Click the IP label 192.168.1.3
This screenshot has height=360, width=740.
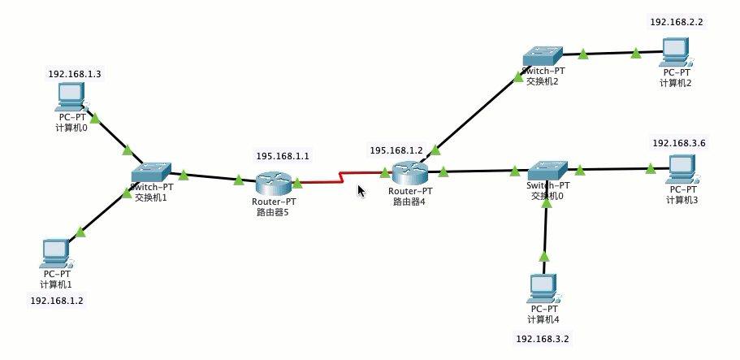click(x=75, y=74)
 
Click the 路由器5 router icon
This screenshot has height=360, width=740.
click(x=275, y=183)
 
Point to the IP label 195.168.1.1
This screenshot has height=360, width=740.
click(x=283, y=156)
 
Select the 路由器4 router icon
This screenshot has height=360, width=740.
click(x=409, y=173)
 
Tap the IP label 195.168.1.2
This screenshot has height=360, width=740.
click(x=396, y=150)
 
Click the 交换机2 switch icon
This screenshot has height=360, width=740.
click(x=543, y=56)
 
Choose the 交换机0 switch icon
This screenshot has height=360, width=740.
click(x=547, y=171)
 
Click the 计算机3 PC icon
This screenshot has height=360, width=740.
click(x=682, y=169)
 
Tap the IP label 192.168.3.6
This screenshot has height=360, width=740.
click(x=679, y=143)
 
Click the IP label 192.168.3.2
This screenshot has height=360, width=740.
click(x=543, y=339)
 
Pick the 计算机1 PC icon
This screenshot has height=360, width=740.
click(x=57, y=254)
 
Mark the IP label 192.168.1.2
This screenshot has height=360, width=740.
click(x=57, y=301)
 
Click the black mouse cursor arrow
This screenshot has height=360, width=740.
click(x=361, y=191)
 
